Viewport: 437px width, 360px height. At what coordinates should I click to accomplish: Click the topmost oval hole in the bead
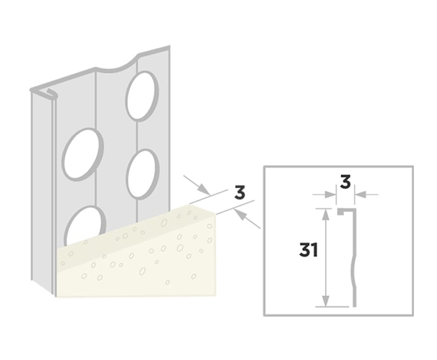[142, 96]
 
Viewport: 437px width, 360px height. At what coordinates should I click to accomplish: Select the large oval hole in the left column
[83, 153]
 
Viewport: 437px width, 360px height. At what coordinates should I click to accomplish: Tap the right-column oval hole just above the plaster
[142, 173]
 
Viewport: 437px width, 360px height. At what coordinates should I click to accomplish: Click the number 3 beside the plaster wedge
[239, 192]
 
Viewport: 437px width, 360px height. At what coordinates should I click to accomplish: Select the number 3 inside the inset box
[345, 182]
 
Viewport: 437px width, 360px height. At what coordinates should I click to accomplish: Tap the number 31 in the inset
[308, 250]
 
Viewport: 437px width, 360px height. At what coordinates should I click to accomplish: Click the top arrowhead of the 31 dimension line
[325, 211]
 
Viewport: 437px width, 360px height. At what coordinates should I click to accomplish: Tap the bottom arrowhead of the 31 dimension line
[325, 304]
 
